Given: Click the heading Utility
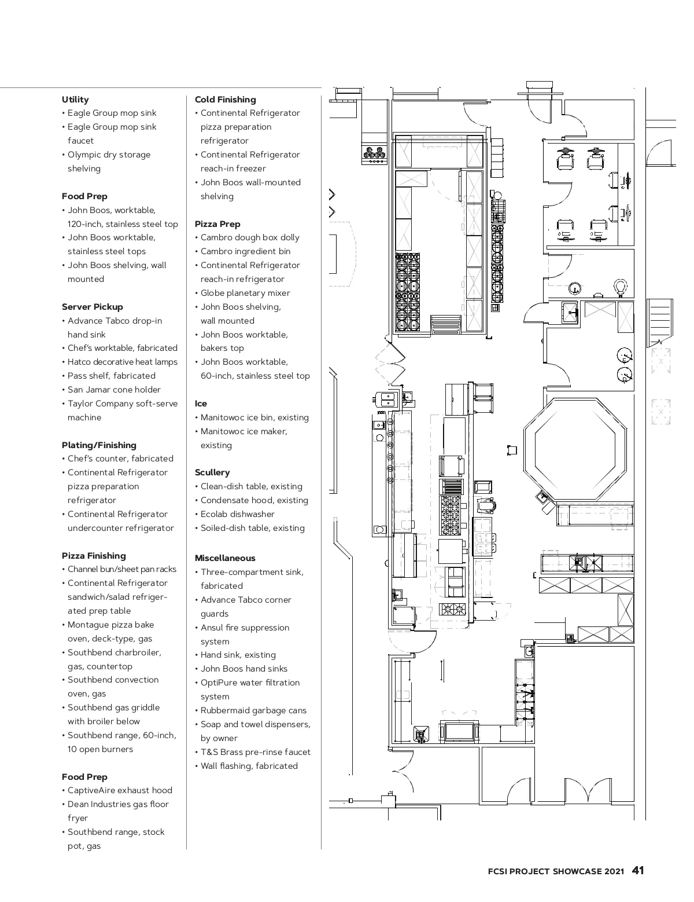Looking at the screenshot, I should (75, 100).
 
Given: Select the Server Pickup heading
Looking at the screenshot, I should (93, 307).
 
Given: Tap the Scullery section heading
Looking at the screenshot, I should (212, 472).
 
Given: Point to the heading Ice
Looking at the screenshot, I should (201, 404).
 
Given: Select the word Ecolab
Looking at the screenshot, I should (214, 514).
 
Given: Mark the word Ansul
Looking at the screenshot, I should (212, 628).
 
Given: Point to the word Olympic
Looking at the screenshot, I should (84, 155).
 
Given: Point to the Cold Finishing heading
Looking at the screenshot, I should (225, 100).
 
